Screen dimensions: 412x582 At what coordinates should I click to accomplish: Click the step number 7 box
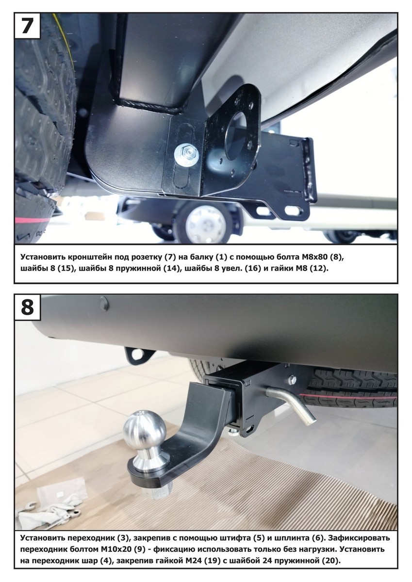[x=27, y=26]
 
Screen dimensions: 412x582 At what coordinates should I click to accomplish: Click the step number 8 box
[x=27, y=307]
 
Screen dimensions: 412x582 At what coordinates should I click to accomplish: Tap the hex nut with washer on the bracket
[x=187, y=155]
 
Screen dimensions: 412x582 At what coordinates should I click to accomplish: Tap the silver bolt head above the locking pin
[x=293, y=380]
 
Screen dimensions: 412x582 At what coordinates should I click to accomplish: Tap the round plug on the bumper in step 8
[x=103, y=304]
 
